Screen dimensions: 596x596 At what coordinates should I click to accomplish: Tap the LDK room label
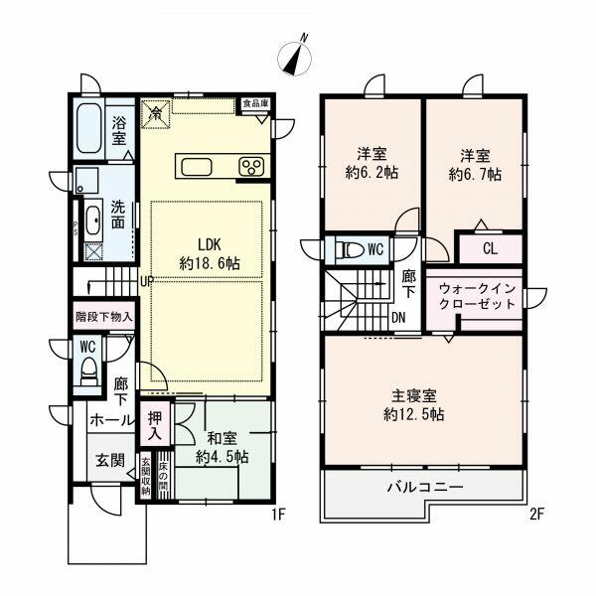click(210, 254)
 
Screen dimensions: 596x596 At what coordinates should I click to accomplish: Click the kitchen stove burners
click(250, 166)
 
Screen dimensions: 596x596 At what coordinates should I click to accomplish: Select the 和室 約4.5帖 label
click(222, 448)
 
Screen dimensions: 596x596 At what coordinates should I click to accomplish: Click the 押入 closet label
click(154, 426)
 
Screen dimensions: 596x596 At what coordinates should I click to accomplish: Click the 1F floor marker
click(279, 515)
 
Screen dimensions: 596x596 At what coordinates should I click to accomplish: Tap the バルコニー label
click(424, 488)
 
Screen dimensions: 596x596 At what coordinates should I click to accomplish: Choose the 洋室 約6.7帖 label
click(473, 164)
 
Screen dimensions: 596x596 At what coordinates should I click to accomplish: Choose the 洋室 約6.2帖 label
click(371, 164)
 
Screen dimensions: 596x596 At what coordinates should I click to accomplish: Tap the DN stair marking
click(397, 317)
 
